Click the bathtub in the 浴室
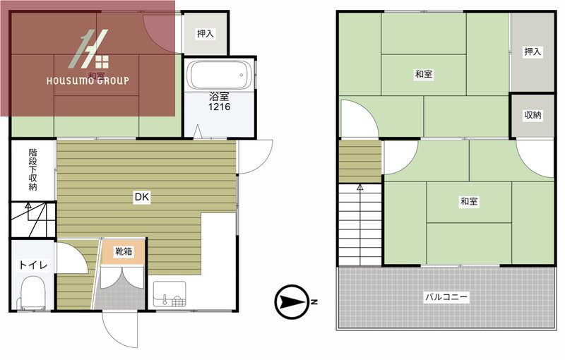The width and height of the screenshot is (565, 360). (x=220, y=76)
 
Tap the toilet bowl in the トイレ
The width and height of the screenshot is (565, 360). (x=33, y=292)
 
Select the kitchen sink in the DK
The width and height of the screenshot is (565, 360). (x=169, y=294)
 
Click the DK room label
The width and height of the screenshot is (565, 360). (x=142, y=197)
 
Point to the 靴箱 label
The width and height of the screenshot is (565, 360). (x=123, y=251)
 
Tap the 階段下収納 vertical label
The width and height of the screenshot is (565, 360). (x=32, y=169)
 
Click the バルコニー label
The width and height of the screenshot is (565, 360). (x=446, y=297)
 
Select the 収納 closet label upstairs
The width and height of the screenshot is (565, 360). (x=533, y=115)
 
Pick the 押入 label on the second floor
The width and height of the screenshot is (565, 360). (x=533, y=52)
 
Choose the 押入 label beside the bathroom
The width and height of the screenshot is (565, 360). (x=206, y=34)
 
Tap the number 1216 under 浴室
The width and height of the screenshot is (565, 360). (x=220, y=107)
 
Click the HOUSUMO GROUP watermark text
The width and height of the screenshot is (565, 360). (x=88, y=80)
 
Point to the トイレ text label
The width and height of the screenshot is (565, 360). (x=33, y=265)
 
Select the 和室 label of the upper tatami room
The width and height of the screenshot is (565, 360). (x=424, y=75)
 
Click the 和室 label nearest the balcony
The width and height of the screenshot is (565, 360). (x=469, y=202)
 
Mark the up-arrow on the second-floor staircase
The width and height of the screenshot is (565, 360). (x=360, y=188)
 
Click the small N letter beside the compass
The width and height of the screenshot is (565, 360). (x=314, y=302)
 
